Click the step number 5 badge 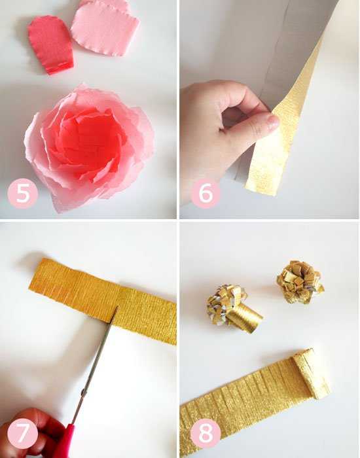point(23,194)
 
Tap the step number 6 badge point(206,194)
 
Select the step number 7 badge point(23,433)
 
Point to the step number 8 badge point(206,433)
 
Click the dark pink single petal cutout point(51,44)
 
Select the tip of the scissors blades point(117,307)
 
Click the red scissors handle point(65,441)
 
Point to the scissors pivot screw point(84,391)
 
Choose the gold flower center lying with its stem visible point(234,308)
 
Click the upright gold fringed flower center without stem point(300,282)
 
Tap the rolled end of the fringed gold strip point(312,374)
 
